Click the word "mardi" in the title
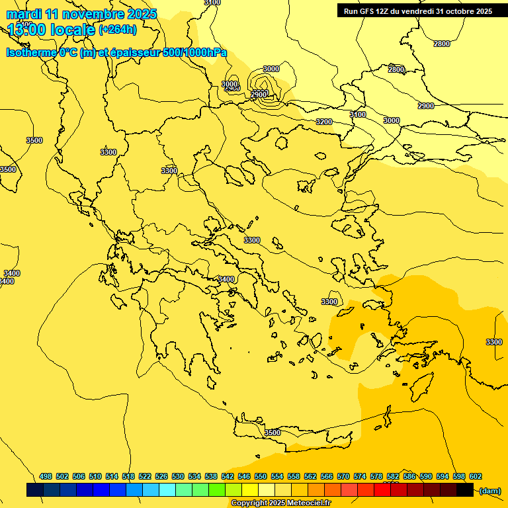click(x=24, y=14)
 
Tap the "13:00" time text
click(x=28, y=30)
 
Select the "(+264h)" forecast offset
click(x=118, y=30)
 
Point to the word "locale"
click(x=73, y=30)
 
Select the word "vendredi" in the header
click(x=420, y=11)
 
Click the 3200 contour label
click(x=324, y=122)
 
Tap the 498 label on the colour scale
click(x=46, y=476)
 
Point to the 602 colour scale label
click(x=476, y=476)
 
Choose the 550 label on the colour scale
click(x=261, y=476)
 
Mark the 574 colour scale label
click(x=360, y=476)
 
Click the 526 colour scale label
click(x=161, y=476)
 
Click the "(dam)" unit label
click(x=490, y=490)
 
